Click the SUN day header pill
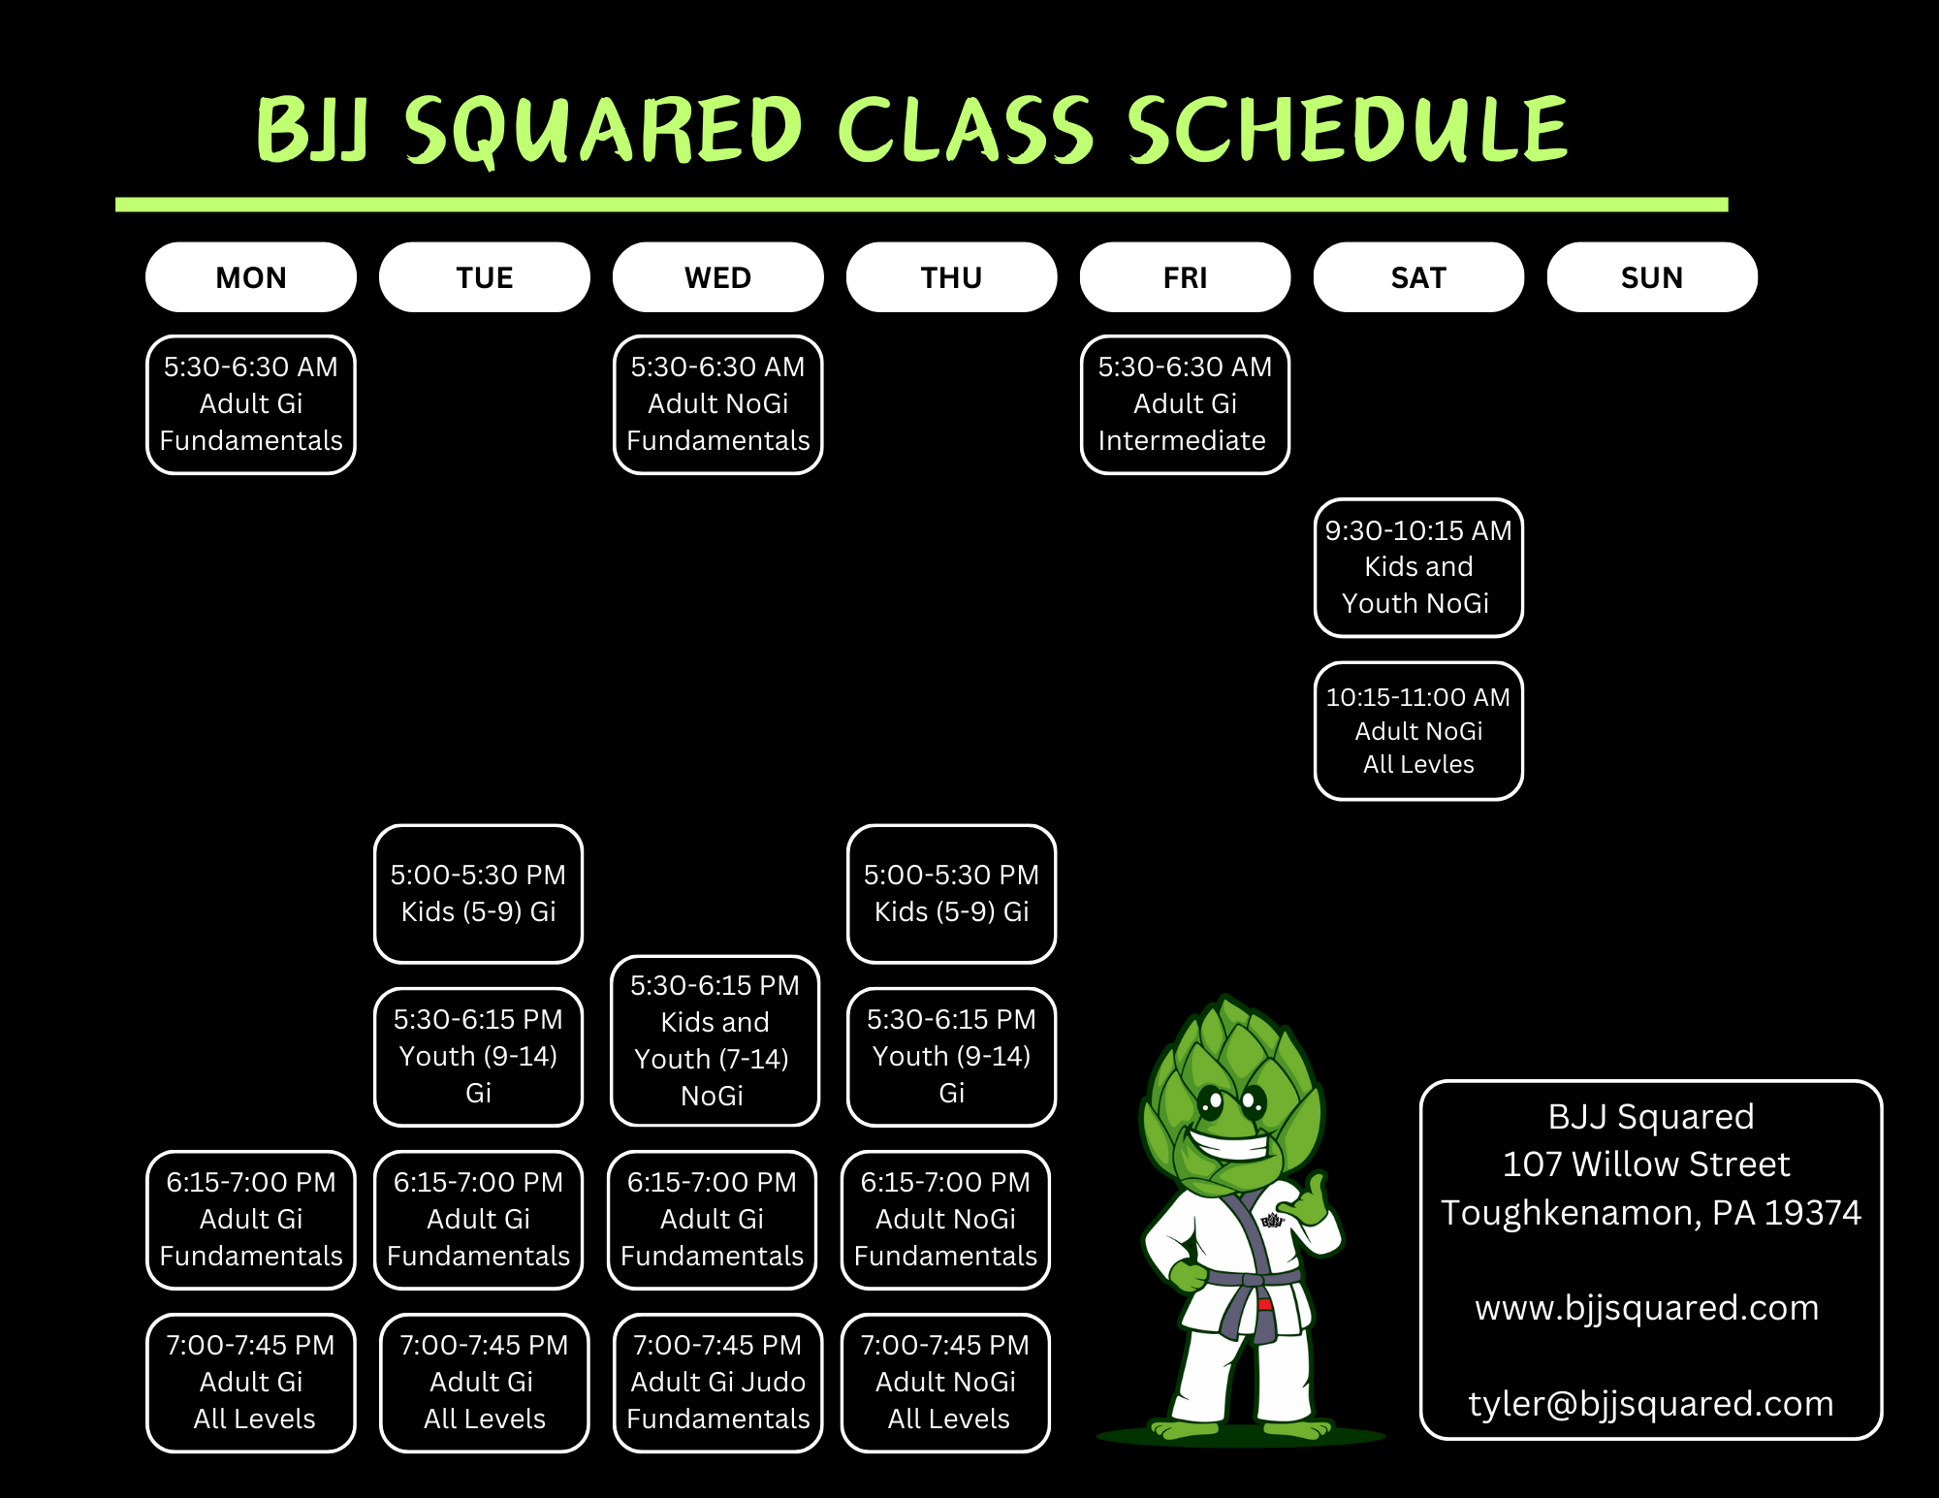[1651, 277]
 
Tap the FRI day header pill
[1185, 277]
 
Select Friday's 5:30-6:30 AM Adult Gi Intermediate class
[1185, 404]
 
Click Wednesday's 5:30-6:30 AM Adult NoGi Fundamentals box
[717, 404]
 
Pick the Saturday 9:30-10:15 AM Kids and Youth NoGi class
[1418, 567]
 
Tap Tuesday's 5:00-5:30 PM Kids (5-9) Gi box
[478, 893]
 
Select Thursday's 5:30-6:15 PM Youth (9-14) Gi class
[951, 1056]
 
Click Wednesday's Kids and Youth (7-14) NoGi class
[715, 1040]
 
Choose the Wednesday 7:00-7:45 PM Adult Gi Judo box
[717, 1382]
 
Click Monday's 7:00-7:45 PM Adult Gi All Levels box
[251, 1382]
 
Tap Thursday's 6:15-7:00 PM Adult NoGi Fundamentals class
[945, 1219]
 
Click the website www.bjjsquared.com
[1646, 1308]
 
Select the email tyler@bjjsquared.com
[1650, 1404]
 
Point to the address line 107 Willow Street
[1646, 1164]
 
